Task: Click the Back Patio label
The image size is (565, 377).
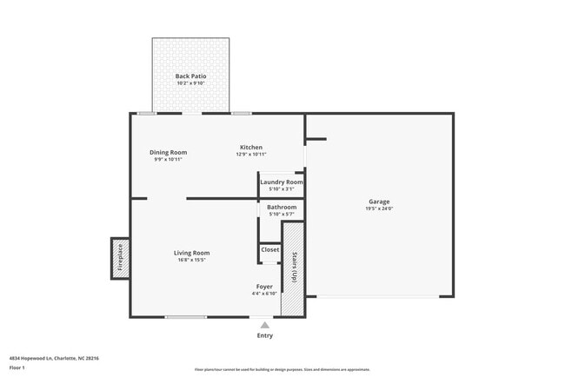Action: coord(190,76)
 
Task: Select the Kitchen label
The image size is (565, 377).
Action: coord(251,147)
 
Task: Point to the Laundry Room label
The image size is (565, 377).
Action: coord(282,182)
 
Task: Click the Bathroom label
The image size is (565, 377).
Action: coord(282,207)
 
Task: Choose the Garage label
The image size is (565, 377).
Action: coord(379,202)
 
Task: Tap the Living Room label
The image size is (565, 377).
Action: coord(191,253)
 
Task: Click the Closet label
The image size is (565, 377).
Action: coord(270,249)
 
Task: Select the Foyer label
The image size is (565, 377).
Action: coord(264,286)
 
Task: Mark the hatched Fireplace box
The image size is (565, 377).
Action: coord(120,258)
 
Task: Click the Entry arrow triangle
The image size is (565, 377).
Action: coord(265,324)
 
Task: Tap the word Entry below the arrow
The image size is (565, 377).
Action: coord(265,335)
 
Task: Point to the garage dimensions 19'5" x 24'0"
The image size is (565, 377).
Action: coord(379,209)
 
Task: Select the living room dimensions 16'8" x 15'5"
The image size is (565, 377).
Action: coord(191,260)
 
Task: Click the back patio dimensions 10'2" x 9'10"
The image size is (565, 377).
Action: coord(190,83)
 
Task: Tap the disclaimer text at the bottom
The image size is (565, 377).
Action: coord(282,369)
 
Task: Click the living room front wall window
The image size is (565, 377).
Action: coord(185,317)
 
